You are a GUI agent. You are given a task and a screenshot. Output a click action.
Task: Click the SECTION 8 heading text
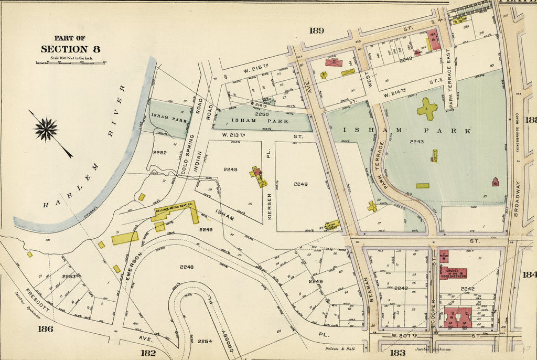(70, 49)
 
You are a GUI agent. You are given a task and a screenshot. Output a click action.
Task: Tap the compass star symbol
(46, 129)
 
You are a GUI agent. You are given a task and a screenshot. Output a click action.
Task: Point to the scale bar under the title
(70, 62)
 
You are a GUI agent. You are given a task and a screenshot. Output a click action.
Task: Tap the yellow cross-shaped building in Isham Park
(427, 109)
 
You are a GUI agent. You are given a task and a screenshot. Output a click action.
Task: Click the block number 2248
(187, 267)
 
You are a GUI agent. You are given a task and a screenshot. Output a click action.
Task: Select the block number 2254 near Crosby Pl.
(205, 341)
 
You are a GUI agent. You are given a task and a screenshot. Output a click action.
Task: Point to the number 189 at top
(316, 30)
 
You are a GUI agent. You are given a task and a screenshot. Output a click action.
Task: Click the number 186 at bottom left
(46, 329)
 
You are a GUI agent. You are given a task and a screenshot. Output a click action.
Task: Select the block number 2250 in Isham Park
(262, 114)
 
